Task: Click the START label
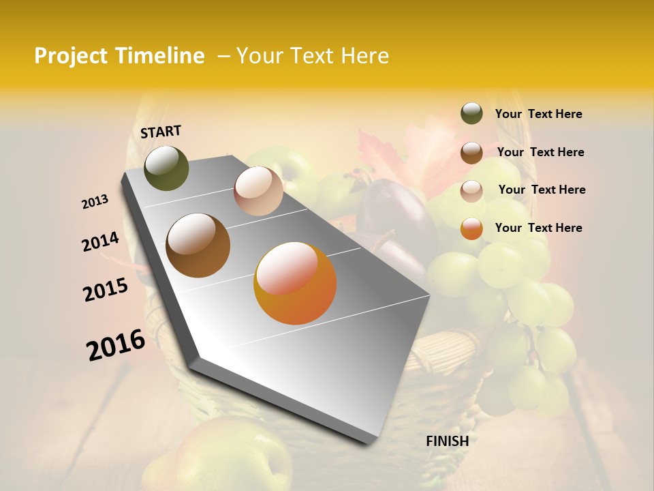[161, 132]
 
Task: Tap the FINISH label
[447, 441]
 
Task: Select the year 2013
[95, 202]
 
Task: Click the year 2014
[100, 242]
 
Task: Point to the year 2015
[106, 290]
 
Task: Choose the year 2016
[116, 345]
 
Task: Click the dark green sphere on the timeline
[166, 168]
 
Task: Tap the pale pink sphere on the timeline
[258, 191]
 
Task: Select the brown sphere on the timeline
[198, 245]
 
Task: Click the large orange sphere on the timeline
[295, 283]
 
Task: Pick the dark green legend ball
[471, 114]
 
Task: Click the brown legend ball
[471, 152]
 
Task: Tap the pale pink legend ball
[471, 190]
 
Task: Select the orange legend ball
[471, 228]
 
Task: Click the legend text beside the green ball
[538, 115]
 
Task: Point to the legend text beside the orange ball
[538, 228]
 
